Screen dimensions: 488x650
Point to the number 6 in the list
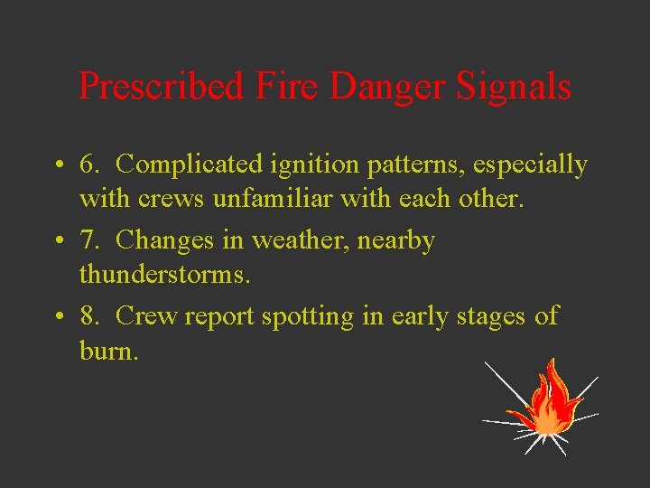(x=88, y=164)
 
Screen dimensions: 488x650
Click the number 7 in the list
(x=88, y=240)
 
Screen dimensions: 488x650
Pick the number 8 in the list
(x=88, y=316)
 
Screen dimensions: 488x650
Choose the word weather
(x=293, y=240)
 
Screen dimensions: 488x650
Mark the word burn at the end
(x=108, y=350)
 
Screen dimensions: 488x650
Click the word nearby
(x=395, y=242)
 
